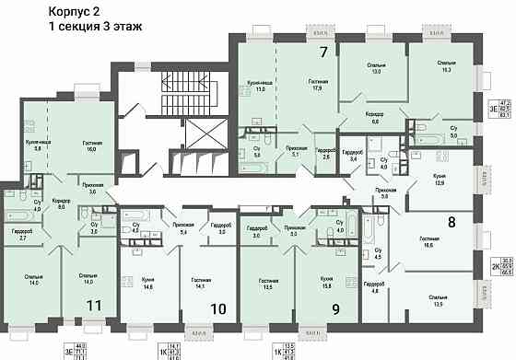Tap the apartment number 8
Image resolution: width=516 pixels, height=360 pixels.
[451, 221]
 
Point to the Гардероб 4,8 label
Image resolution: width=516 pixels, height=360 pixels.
[373, 287]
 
